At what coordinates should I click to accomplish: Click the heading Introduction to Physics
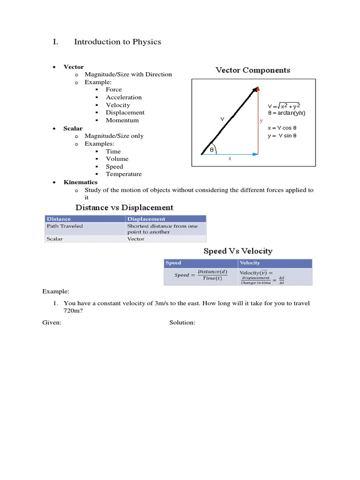click(x=117, y=42)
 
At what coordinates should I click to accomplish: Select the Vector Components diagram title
click(x=253, y=70)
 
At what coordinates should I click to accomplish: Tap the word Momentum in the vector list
click(x=122, y=120)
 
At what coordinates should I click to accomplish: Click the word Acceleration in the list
click(x=124, y=97)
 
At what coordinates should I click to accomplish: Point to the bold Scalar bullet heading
click(x=73, y=128)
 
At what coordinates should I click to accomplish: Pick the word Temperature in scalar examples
click(x=124, y=174)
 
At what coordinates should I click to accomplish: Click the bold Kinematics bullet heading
click(x=81, y=182)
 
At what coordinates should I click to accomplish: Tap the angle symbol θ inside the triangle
click(x=211, y=150)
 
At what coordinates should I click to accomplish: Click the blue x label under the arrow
click(x=230, y=158)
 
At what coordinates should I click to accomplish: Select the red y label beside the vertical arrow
click(x=261, y=120)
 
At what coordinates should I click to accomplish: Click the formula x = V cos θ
click(x=282, y=127)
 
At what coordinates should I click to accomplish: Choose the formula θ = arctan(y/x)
click(x=286, y=113)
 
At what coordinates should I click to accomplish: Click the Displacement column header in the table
click(x=146, y=219)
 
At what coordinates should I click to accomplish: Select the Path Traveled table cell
click(x=65, y=226)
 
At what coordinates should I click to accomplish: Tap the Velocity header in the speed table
click(x=250, y=263)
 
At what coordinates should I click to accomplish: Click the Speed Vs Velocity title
click(x=238, y=251)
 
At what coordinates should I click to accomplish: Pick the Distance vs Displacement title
click(x=125, y=207)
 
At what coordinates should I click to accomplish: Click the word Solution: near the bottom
click(x=182, y=322)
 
